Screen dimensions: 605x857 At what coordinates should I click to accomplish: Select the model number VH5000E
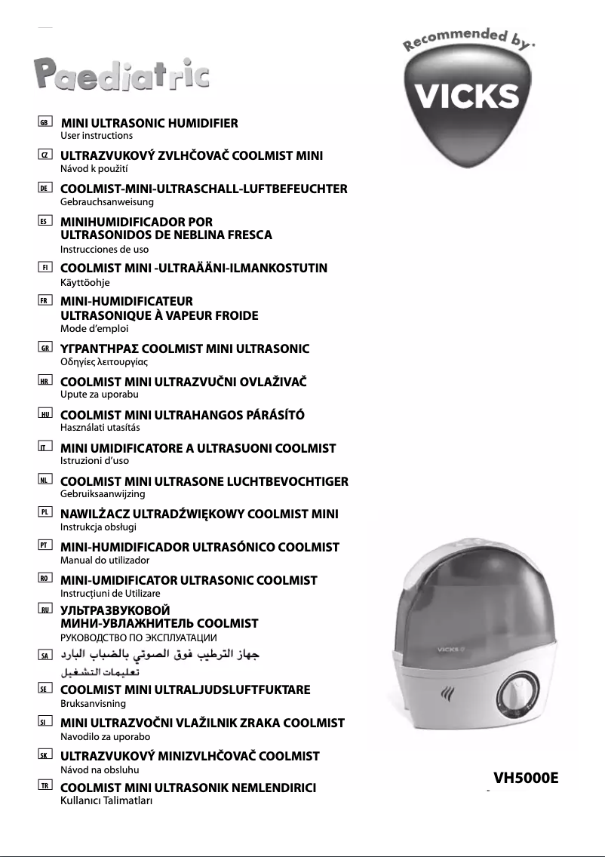(526, 778)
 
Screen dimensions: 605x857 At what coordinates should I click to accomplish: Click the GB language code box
(45, 122)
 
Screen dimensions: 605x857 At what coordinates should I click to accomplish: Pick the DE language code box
(45, 189)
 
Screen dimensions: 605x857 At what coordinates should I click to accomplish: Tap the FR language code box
(45, 301)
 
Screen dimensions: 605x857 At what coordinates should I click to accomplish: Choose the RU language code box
(45, 610)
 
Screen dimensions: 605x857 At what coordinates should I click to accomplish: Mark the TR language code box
(45, 788)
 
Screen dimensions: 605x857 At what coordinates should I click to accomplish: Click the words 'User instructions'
(96, 136)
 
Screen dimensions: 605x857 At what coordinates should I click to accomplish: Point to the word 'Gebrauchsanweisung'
(106, 202)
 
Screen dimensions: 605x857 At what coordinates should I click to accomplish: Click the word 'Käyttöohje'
(84, 281)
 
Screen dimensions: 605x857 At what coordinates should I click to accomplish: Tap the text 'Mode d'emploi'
(94, 329)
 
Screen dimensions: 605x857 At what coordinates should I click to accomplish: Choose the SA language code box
(45, 656)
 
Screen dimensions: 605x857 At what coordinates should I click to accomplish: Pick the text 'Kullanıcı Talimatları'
(106, 801)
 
